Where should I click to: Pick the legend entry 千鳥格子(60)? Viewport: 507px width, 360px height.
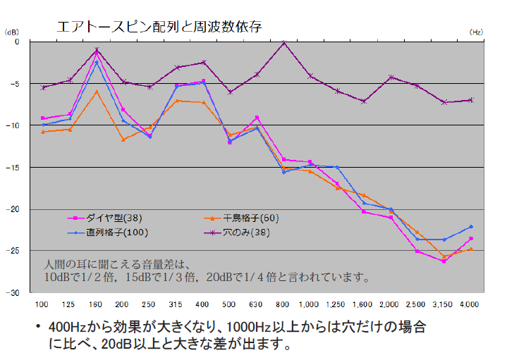tap(250, 218)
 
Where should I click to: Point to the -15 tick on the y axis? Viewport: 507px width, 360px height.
tap(16, 168)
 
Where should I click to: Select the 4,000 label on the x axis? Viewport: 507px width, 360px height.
tap(470, 304)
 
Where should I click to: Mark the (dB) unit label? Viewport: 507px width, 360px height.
tap(13, 32)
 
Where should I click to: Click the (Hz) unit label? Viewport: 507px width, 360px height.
tap(476, 32)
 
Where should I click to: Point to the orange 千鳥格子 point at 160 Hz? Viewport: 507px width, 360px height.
tap(97, 91)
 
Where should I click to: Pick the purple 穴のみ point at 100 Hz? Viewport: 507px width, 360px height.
tap(43, 87)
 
